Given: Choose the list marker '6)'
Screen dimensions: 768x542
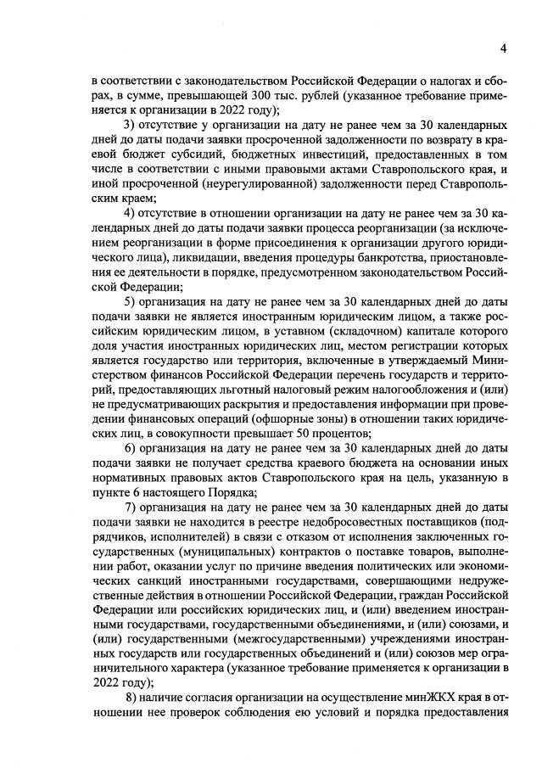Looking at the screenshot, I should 131,446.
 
